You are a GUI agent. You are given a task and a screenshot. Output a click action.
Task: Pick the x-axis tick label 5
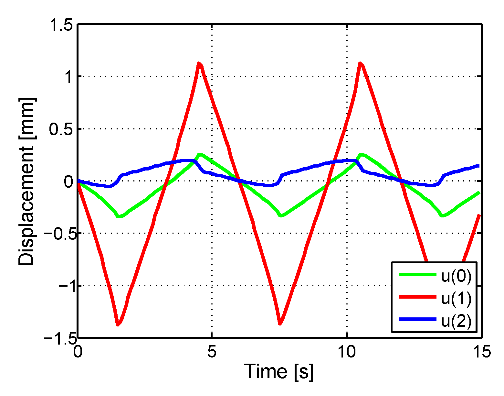212,351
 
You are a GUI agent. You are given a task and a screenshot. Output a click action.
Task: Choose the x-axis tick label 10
347,351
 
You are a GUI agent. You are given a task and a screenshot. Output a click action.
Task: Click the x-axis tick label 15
482,351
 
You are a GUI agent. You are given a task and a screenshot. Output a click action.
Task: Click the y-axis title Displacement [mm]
27,181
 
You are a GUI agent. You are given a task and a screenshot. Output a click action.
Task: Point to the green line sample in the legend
417,274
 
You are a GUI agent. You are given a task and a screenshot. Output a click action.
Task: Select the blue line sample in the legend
417,319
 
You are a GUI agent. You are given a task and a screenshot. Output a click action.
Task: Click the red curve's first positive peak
199,63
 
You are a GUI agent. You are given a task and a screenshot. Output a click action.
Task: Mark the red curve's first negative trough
118,325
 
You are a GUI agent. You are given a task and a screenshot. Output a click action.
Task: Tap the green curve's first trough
119,216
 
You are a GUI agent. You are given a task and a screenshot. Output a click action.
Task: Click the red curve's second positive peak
360,63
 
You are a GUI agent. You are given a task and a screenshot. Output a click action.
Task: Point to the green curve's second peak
361,154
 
